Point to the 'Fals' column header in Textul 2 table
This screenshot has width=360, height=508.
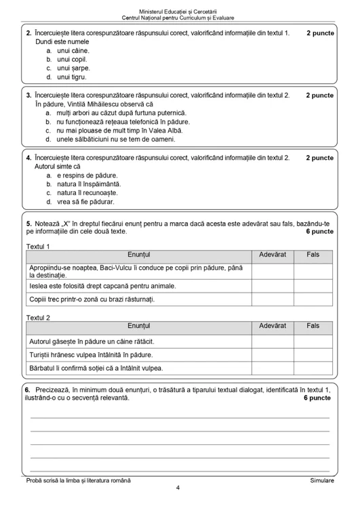313,326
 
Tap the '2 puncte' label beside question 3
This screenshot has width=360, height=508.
319,96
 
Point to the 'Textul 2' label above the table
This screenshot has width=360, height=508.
38,317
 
